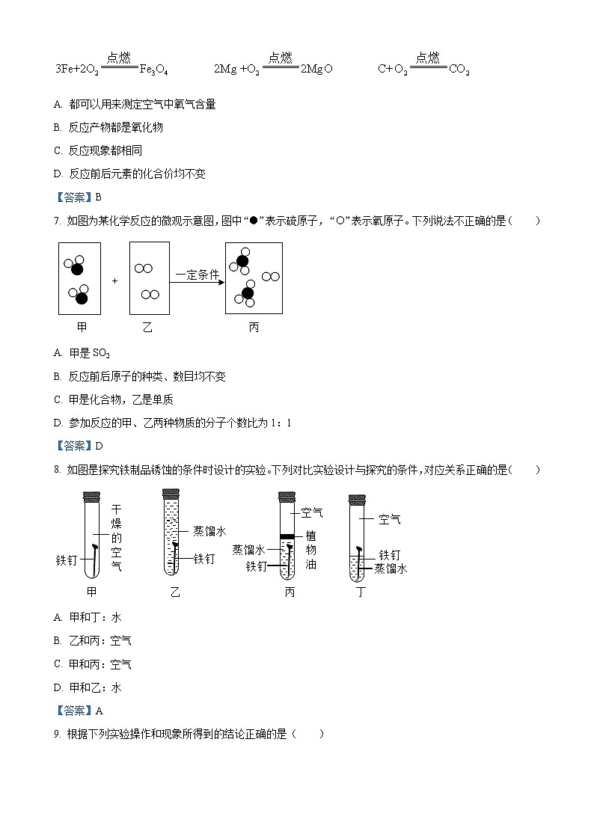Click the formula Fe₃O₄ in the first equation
coord(154,70)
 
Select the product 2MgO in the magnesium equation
coord(316,70)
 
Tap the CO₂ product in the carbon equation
coord(459,70)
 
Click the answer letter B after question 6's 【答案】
coord(98,197)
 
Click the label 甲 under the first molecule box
coord(82,327)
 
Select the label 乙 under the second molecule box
coord(147,327)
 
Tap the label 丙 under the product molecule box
coord(254,327)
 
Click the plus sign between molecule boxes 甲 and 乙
coord(114,280)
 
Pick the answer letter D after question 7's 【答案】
coord(99,446)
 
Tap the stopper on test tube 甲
coord(91,495)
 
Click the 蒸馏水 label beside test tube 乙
coord(209,531)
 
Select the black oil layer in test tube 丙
coord(287,536)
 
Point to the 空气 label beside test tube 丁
coord(390,519)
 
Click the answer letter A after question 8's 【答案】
coord(99,711)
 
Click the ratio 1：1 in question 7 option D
coord(282,423)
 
